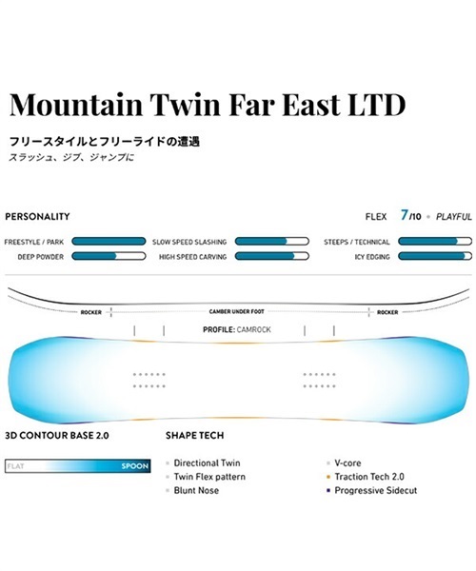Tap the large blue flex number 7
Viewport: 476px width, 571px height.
(x=404, y=215)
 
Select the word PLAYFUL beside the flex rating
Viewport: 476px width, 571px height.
(x=454, y=217)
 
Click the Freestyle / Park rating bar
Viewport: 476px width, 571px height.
(x=109, y=242)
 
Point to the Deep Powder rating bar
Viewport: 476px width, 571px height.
(x=109, y=256)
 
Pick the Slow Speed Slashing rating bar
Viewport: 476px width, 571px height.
(x=271, y=242)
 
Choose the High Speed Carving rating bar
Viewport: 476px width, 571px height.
(x=271, y=256)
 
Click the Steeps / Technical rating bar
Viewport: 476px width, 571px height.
(x=435, y=242)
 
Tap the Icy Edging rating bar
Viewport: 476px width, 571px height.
(x=435, y=256)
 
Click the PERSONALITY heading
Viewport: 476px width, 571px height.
(x=37, y=217)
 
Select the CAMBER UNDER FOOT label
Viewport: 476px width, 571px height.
(x=237, y=312)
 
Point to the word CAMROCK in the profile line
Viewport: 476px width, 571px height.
(x=254, y=330)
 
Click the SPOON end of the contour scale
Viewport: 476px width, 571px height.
(x=135, y=466)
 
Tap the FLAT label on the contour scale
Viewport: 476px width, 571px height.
(x=15, y=466)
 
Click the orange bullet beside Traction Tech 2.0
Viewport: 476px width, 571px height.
(x=328, y=477)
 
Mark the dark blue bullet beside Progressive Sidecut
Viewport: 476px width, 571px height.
(x=328, y=490)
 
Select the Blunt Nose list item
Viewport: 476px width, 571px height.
(x=196, y=490)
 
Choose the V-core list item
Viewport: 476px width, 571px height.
(x=347, y=463)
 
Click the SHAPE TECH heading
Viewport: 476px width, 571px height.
(x=195, y=436)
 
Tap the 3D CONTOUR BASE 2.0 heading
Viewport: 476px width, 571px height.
(x=57, y=436)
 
